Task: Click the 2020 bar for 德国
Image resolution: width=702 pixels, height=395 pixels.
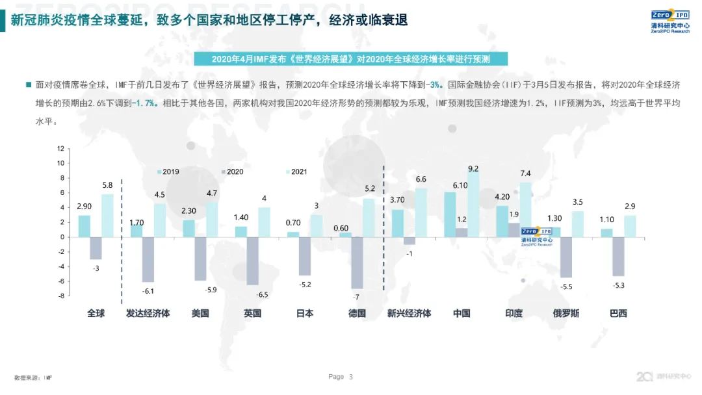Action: pos(357,262)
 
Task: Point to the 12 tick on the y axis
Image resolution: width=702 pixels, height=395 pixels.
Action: pos(60,148)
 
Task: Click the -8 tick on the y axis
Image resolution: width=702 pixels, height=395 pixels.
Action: pos(60,296)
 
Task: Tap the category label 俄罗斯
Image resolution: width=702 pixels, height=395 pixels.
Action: pos(565,313)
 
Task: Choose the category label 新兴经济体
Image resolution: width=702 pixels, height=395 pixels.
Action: pos(409,313)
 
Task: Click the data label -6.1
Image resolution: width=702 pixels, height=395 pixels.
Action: pos(148,291)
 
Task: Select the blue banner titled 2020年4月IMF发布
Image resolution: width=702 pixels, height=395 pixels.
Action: pos(351,59)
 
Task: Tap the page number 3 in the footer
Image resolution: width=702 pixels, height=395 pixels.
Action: pos(351,377)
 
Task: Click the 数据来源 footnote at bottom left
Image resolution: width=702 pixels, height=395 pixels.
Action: pos(33,377)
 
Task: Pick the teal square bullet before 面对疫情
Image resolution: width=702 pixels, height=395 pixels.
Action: pos(28,84)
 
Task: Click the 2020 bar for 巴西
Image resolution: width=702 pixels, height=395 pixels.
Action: pos(618,257)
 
